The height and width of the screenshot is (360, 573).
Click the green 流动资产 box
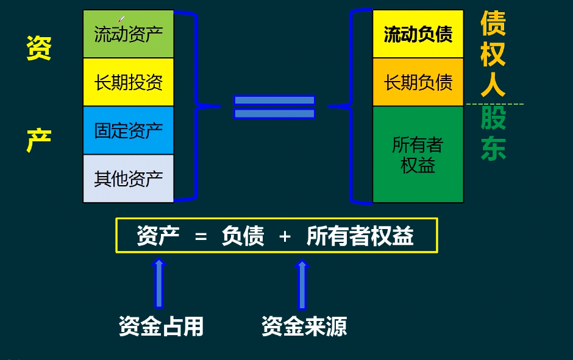[x=129, y=34]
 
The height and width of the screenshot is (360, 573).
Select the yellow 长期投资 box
[x=129, y=82]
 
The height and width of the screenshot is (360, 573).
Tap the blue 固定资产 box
[x=129, y=130]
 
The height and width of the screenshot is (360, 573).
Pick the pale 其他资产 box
[x=129, y=178]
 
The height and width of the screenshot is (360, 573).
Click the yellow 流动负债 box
[x=418, y=34]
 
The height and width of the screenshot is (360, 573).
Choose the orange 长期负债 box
[x=418, y=82]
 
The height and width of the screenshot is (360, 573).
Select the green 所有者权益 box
[x=418, y=155]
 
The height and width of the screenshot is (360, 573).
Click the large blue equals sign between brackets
[x=274, y=107]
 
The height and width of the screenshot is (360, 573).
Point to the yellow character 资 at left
[x=38, y=48]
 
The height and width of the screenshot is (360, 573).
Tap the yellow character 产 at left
[x=38, y=141]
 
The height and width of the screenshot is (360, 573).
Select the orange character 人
[x=493, y=84]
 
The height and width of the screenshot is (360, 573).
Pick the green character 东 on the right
[x=493, y=149]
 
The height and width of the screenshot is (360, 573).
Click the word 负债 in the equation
[x=243, y=236]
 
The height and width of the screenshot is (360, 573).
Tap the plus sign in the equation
[x=285, y=236]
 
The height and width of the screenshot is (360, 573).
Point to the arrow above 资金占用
[x=159, y=283]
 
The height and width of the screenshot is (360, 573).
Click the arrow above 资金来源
[x=302, y=284]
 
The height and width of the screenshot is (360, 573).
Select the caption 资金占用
[x=161, y=327]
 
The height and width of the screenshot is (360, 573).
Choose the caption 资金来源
[x=304, y=327]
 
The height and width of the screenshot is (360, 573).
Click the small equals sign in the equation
[x=201, y=236]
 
